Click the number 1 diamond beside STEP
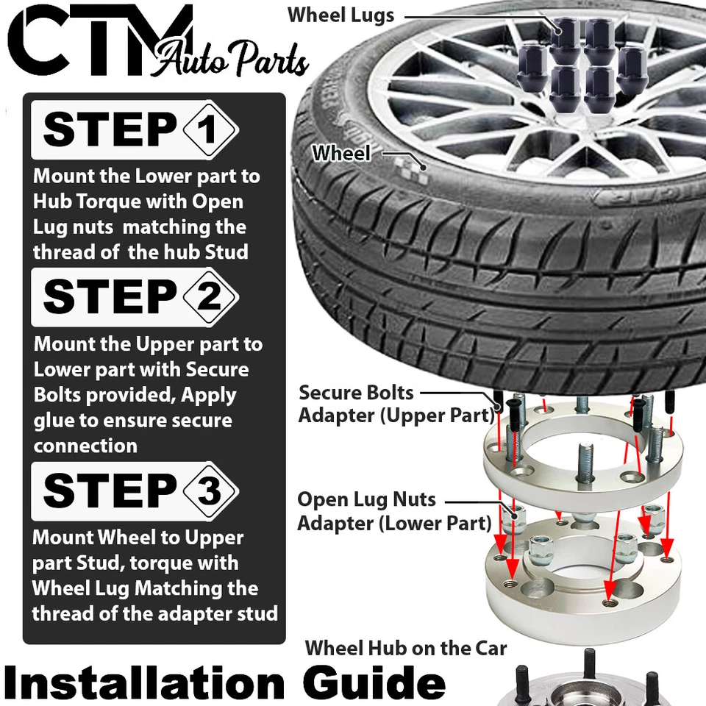point(209,131)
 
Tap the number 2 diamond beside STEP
point(209,298)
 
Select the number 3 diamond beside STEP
point(209,491)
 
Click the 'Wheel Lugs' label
point(340,15)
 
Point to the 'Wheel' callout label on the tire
point(341,154)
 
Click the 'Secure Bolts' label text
point(356,393)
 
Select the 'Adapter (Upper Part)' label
point(396,416)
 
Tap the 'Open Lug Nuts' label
point(366,500)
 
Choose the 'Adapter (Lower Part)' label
point(394,524)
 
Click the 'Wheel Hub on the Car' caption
point(406,648)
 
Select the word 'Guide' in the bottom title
point(375,682)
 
